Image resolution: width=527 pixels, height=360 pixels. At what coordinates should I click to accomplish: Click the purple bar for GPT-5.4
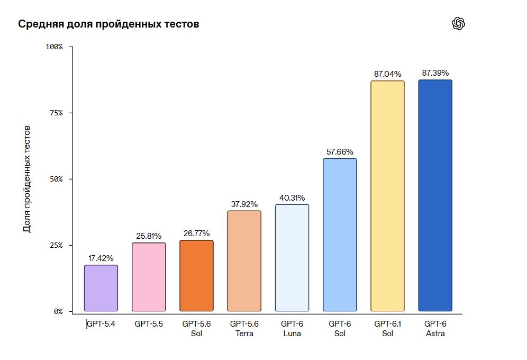pos(101,288)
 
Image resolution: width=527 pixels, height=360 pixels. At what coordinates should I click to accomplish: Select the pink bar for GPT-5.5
pos(149,277)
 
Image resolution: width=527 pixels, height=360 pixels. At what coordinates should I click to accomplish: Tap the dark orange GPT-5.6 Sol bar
pos(196,276)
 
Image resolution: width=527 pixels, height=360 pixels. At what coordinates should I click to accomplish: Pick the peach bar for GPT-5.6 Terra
pos(244,261)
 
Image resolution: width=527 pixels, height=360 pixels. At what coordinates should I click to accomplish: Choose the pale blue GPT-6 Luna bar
pos(292,258)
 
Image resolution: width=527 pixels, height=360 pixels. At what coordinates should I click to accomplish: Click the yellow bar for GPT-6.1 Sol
pos(387,196)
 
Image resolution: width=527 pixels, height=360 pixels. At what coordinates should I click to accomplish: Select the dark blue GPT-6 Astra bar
pos(435,195)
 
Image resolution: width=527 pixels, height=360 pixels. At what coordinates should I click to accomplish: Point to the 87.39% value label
pos(435,73)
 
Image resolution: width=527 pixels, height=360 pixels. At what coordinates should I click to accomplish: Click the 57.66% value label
pos(340,151)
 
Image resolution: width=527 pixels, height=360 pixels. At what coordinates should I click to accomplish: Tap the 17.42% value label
pos(101,258)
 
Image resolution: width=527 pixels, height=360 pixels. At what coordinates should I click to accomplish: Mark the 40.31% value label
pos(292,197)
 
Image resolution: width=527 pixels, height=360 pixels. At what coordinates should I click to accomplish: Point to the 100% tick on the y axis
pos(54,47)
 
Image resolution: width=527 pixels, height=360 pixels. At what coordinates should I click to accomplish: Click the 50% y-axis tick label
pos(56,179)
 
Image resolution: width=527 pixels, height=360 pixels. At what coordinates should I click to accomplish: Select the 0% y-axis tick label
pos(58,312)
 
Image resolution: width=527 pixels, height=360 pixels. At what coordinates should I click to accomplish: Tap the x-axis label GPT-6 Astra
pos(435,328)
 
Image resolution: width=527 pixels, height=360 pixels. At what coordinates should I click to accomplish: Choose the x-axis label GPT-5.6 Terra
pos(244,328)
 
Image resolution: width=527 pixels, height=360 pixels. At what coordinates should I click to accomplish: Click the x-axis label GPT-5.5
pos(149,323)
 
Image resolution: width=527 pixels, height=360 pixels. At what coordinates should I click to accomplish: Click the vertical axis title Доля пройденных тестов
pos(27,179)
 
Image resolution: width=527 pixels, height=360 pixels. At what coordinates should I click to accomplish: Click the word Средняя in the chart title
pos(41,24)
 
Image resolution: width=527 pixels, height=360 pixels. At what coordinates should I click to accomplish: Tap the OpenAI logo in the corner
pos(458,23)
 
